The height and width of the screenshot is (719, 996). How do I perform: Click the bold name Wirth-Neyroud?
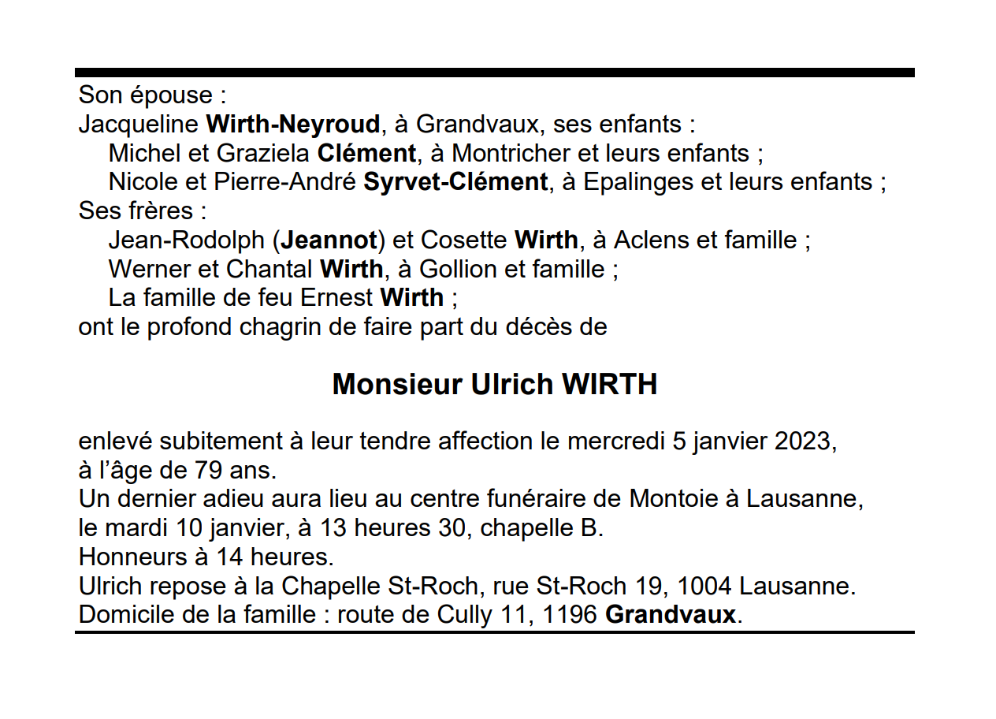point(292,125)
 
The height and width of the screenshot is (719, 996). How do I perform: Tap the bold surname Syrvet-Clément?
point(455,182)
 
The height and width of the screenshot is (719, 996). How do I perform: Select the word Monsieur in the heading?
point(397,385)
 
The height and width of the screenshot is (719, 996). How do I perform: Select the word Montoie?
point(673,499)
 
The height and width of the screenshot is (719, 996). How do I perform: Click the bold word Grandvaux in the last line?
point(670,615)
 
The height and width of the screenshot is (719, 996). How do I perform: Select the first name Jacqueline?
point(139,125)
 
